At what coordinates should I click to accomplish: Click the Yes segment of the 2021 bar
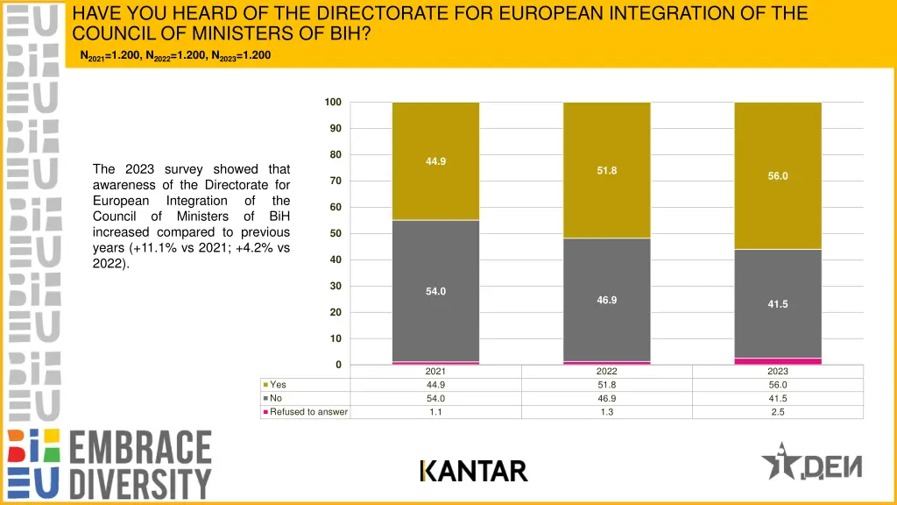pos(435,188)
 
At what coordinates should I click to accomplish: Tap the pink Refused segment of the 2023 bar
pos(778,360)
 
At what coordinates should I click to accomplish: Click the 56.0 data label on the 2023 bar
pos(778,176)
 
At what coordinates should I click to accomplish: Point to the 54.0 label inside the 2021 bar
pos(435,291)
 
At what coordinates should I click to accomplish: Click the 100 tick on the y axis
pos(333,103)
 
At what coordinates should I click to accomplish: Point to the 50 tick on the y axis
pos(335,234)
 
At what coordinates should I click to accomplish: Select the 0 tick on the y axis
pos(338,365)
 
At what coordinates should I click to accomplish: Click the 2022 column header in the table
pos(606,372)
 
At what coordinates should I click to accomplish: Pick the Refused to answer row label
pos(308,412)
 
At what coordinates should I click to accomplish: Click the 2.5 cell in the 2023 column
pos(778,412)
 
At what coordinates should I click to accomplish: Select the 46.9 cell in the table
pos(606,398)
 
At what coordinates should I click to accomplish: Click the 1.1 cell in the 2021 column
pos(435,412)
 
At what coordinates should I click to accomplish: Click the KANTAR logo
pos(473,472)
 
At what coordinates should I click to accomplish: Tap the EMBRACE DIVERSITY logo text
pos(140,465)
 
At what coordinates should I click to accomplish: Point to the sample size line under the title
pos(175,56)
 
